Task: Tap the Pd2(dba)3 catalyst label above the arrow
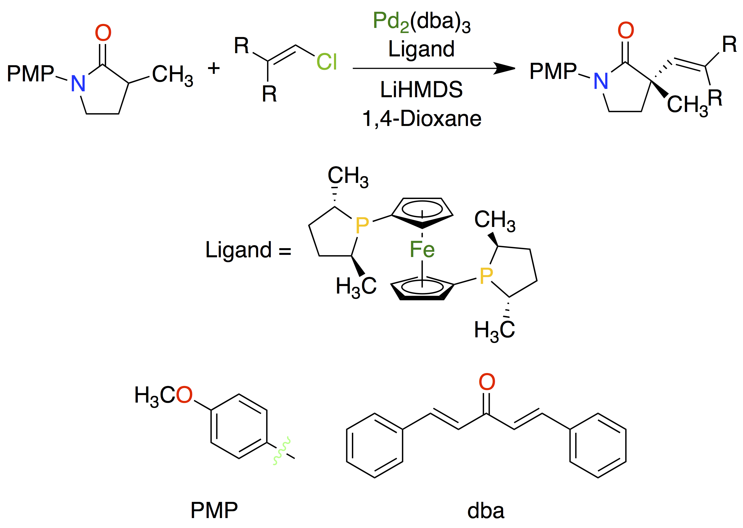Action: [x=421, y=22]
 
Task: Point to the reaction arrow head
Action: [x=505, y=68]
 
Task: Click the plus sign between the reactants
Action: [x=214, y=68]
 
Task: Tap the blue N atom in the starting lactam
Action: [x=78, y=84]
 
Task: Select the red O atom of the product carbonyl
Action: [x=626, y=31]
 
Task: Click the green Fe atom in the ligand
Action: [x=422, y=249]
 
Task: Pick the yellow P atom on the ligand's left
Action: [x=362, y=225]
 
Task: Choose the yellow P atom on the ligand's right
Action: [x=486, y=276]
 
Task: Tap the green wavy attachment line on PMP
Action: [x=282, y=451]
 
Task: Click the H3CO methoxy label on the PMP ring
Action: [x=164, y=396]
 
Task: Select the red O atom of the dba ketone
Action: [x=487, y=382]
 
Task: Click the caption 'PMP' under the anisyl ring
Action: [x=214, y=510]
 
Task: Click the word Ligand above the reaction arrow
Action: [x=421, y=50]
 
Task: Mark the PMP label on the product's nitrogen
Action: [x=553, y=71]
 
